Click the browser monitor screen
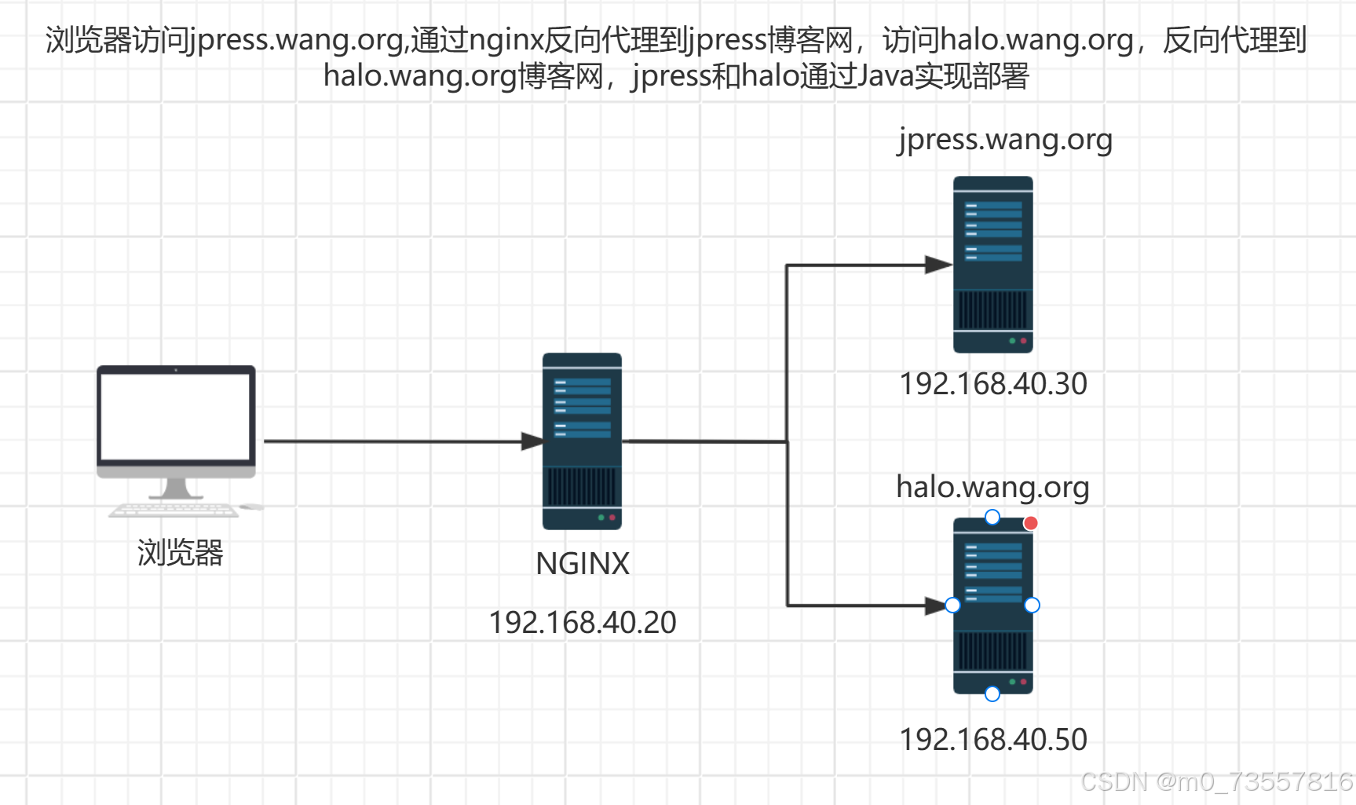(176, 416)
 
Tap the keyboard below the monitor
(174, 510)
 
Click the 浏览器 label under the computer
(181, 553)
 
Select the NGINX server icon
(582, 441)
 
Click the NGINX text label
(582, 564)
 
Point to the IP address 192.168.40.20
(582, 623)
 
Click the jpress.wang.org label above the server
(1005, 139)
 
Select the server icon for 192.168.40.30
(992, 265)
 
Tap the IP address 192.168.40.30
(992, 384)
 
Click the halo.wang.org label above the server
(992, 487)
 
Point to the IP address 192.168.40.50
(992, 740)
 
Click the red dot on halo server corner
(1031, 523)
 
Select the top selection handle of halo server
(992, 517)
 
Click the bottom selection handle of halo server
(992, 693)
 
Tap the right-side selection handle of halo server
(1033, 605)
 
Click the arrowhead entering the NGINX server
(532, 441)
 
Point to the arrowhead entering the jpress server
(938, 265)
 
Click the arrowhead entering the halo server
(936, 606)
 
